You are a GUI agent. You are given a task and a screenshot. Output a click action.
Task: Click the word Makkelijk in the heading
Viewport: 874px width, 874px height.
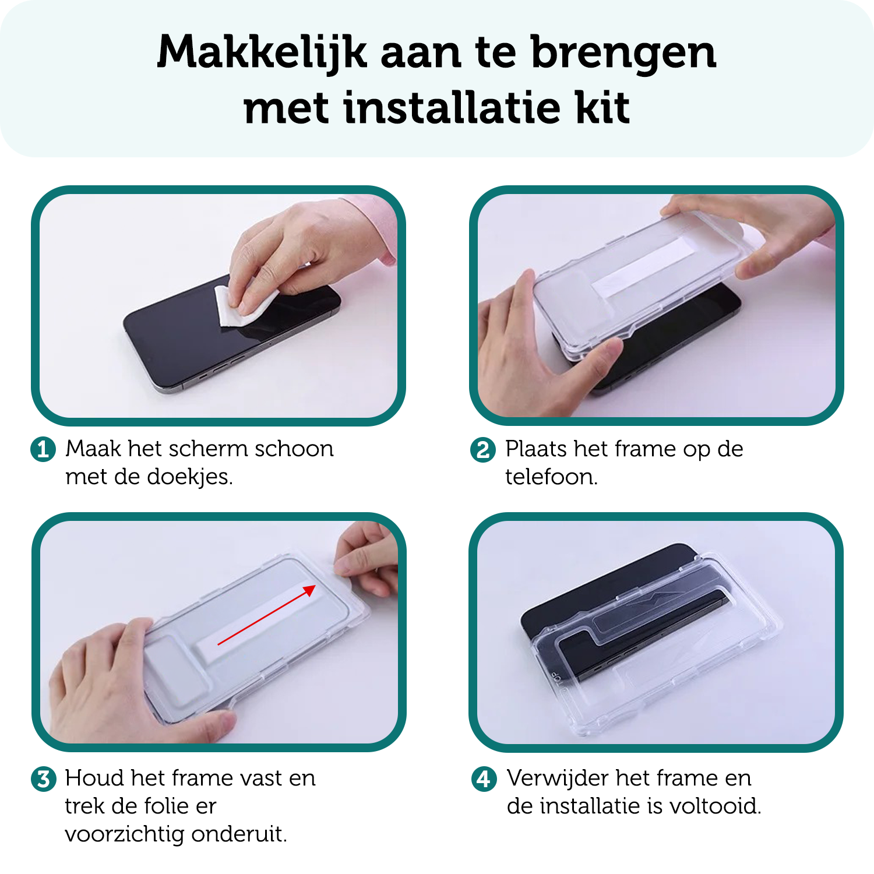[262, 52]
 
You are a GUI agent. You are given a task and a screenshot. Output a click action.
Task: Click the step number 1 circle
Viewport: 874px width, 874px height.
[43, 449]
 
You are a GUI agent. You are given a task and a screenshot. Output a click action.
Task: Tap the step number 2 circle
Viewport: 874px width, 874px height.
[483, 450]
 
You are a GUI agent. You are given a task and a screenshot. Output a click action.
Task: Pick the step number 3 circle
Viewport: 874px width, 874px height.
[43, 779]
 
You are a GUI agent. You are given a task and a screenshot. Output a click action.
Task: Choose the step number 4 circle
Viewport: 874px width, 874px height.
[484, 779]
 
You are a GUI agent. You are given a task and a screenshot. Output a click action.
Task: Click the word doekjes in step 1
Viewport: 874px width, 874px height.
[189, 477]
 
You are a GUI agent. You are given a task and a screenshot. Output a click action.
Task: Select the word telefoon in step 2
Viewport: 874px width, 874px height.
[551, 477]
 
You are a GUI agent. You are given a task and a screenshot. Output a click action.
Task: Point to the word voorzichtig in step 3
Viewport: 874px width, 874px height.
[125, 834]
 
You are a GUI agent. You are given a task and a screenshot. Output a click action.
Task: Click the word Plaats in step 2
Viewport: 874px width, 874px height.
[536, 449]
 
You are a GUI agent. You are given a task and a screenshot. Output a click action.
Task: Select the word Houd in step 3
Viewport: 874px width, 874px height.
[95, 778]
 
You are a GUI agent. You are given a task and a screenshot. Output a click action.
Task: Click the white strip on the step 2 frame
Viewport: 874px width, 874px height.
[641, 265]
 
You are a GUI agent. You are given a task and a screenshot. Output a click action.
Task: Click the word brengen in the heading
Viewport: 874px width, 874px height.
[623, 52]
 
